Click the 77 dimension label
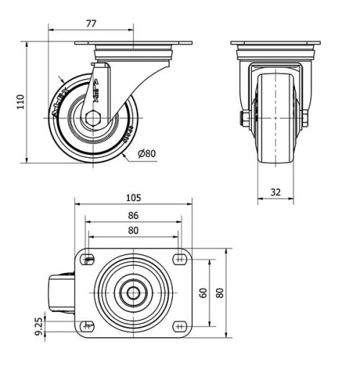tap(91, 24)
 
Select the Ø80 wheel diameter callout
tap(146, 153)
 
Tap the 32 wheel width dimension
tap(276, 192)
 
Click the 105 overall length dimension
tap(133, 197)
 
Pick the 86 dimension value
tap(133, 215)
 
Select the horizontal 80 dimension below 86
tap(133, 231)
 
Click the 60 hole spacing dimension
tap(204, 293)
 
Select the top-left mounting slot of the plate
tap(89, 259)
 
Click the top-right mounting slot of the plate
tap(178, 259)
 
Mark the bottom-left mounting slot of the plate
tap(89, 326)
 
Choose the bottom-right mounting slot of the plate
tap(178, 326)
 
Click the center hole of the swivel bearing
tap(133, 293)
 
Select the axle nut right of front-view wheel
tap(305, 117)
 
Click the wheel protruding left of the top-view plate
tap(61, 293)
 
